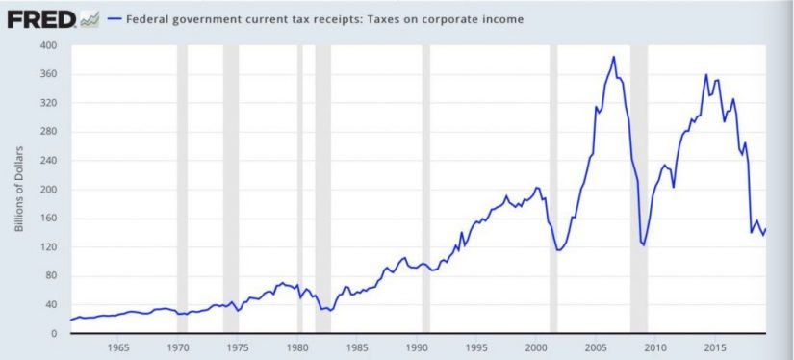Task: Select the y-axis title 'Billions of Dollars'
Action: pos(19,190)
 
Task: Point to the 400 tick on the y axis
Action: pos(48,45)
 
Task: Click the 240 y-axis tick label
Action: pos(48,161)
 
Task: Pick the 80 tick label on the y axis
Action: pos(51,276)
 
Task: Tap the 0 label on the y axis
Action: pos(55,334)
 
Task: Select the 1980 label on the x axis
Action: pos(297,347)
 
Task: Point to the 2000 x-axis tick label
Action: pos(536,347)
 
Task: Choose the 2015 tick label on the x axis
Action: pos(714,347)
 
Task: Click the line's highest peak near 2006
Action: pos(614,57)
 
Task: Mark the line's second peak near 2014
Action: pos(706,74)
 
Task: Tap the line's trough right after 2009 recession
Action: pos(643,245)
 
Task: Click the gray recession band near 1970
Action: pos(182,193)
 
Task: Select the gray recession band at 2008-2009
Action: pos(638,193)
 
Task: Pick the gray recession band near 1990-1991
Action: pos(425,193)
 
